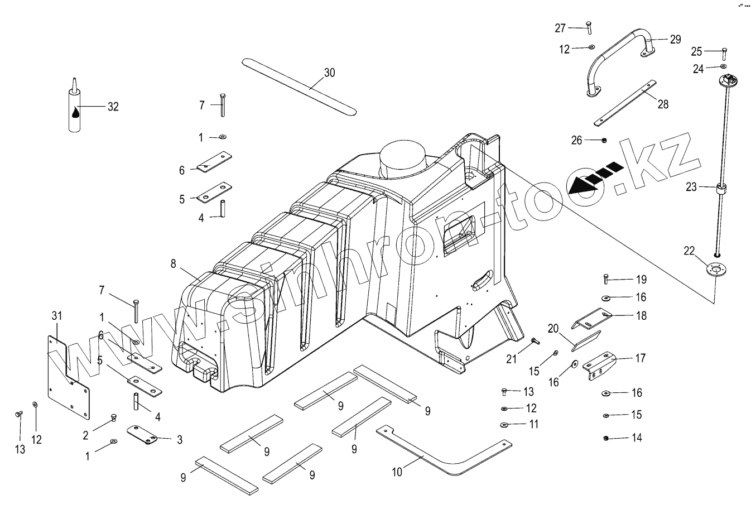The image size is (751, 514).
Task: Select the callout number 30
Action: pyautogui.click(x=329, y=73)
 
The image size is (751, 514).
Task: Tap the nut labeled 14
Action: pyautogui.click(x=606, y=438)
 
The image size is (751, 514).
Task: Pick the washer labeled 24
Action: pyautogui.click(x=724, y=67)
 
